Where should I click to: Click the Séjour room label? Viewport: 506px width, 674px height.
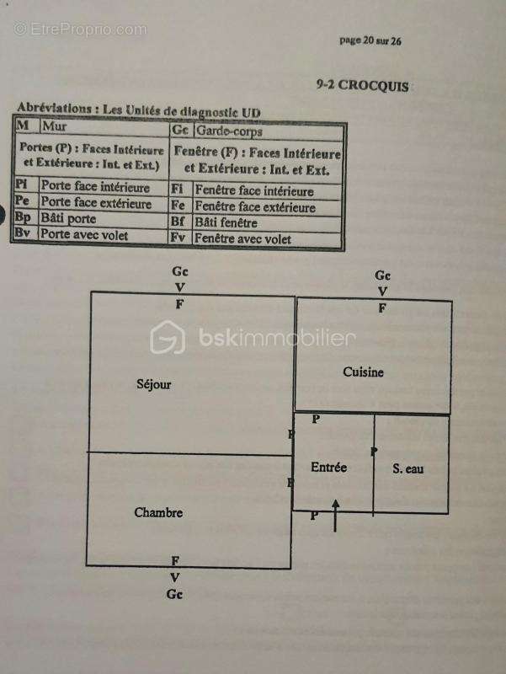point(153,384)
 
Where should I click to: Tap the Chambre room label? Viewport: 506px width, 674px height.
point(158,512)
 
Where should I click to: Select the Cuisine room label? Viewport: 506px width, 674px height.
point(363,372)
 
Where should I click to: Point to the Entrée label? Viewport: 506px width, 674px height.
point(328,468)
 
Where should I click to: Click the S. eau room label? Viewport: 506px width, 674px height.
point(408,468)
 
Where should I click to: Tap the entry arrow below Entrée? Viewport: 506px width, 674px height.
point(336,515)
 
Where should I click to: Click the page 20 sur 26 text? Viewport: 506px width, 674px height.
point(370,40)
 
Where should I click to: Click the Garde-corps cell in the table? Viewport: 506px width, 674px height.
point(228,131)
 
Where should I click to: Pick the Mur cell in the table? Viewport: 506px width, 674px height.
point(54,126)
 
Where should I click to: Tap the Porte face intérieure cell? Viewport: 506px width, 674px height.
point(95,188)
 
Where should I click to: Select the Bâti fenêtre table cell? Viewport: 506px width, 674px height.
point(226,223)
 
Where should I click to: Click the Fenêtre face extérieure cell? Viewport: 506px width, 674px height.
point(254,207)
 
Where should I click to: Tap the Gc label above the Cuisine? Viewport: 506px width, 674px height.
point(382,275)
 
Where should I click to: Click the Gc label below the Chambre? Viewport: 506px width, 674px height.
point(175,594)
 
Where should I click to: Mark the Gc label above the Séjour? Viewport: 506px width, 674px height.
point(179,271)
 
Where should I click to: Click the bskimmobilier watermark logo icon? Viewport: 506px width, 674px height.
point(168,339)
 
